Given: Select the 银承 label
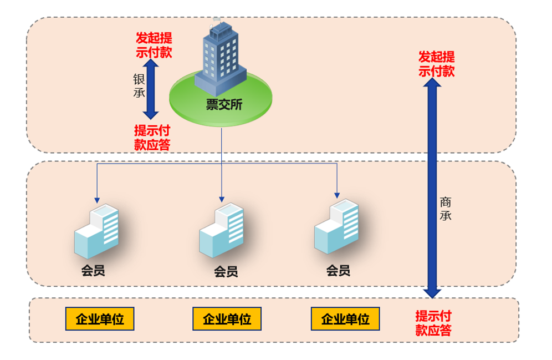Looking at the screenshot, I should click(139, 85).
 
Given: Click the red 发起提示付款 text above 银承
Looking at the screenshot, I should click(154, 45).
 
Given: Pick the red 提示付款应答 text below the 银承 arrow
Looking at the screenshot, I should click(152, 138).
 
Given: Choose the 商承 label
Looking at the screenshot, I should click(445, 209).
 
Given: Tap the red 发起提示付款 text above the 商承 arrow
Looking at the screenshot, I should click(436, 64).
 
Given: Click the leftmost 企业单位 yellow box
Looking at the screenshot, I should click(99, 319).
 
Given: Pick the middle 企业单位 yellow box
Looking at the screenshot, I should click(227, 319).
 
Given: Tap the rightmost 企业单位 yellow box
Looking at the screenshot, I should click(345, 319).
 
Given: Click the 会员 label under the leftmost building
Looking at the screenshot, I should click(93, 271).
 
